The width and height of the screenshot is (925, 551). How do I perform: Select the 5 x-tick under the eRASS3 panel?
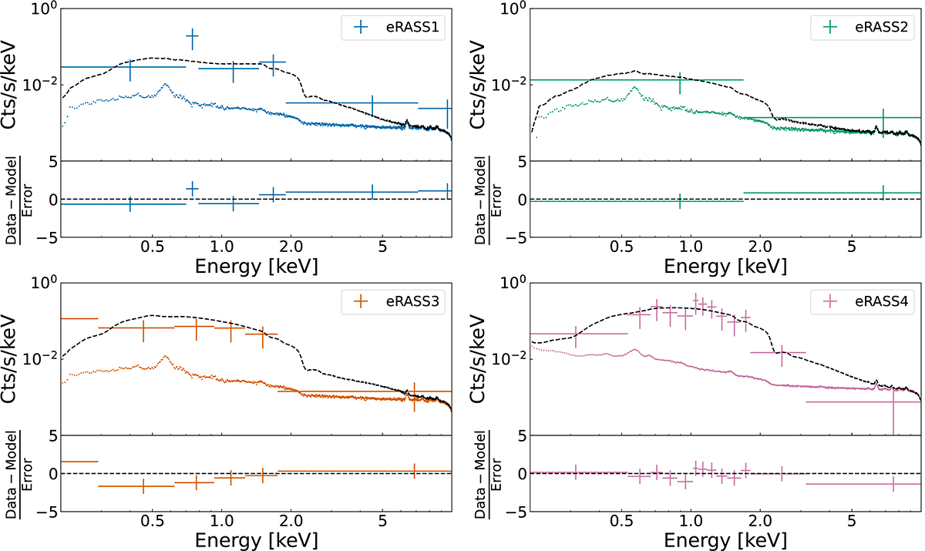point(383,523)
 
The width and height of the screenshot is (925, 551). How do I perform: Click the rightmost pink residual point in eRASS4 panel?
point(893,484)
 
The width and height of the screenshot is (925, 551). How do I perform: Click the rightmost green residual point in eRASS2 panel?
point(883,192)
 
